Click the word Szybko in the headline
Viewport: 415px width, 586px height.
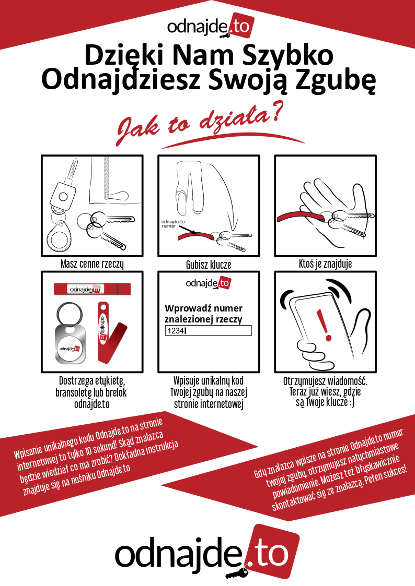[288, 55]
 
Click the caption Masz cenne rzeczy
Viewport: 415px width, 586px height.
[92, 264]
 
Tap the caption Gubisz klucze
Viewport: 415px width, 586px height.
[209, 265]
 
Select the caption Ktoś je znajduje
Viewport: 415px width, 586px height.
[325, 264]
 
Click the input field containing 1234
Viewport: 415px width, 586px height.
[209, 330]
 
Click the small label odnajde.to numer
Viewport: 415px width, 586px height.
[173, 223]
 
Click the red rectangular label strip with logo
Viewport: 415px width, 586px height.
[92, 289]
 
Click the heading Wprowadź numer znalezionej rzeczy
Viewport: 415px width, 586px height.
[203, 314]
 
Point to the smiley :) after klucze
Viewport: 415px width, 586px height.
[351, 402]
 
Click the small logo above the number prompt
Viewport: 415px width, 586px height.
[209, 283]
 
